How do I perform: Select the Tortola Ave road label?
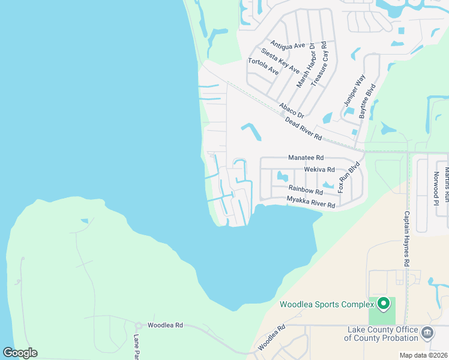264,66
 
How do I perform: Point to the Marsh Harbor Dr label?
306,67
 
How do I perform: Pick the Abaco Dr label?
292,110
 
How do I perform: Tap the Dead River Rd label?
304,129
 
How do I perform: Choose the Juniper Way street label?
354,90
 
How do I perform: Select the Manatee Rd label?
306,158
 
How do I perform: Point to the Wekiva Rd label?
319,170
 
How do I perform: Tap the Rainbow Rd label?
306,190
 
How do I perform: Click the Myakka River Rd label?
310,202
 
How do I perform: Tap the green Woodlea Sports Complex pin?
384,302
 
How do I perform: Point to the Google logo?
20,353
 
